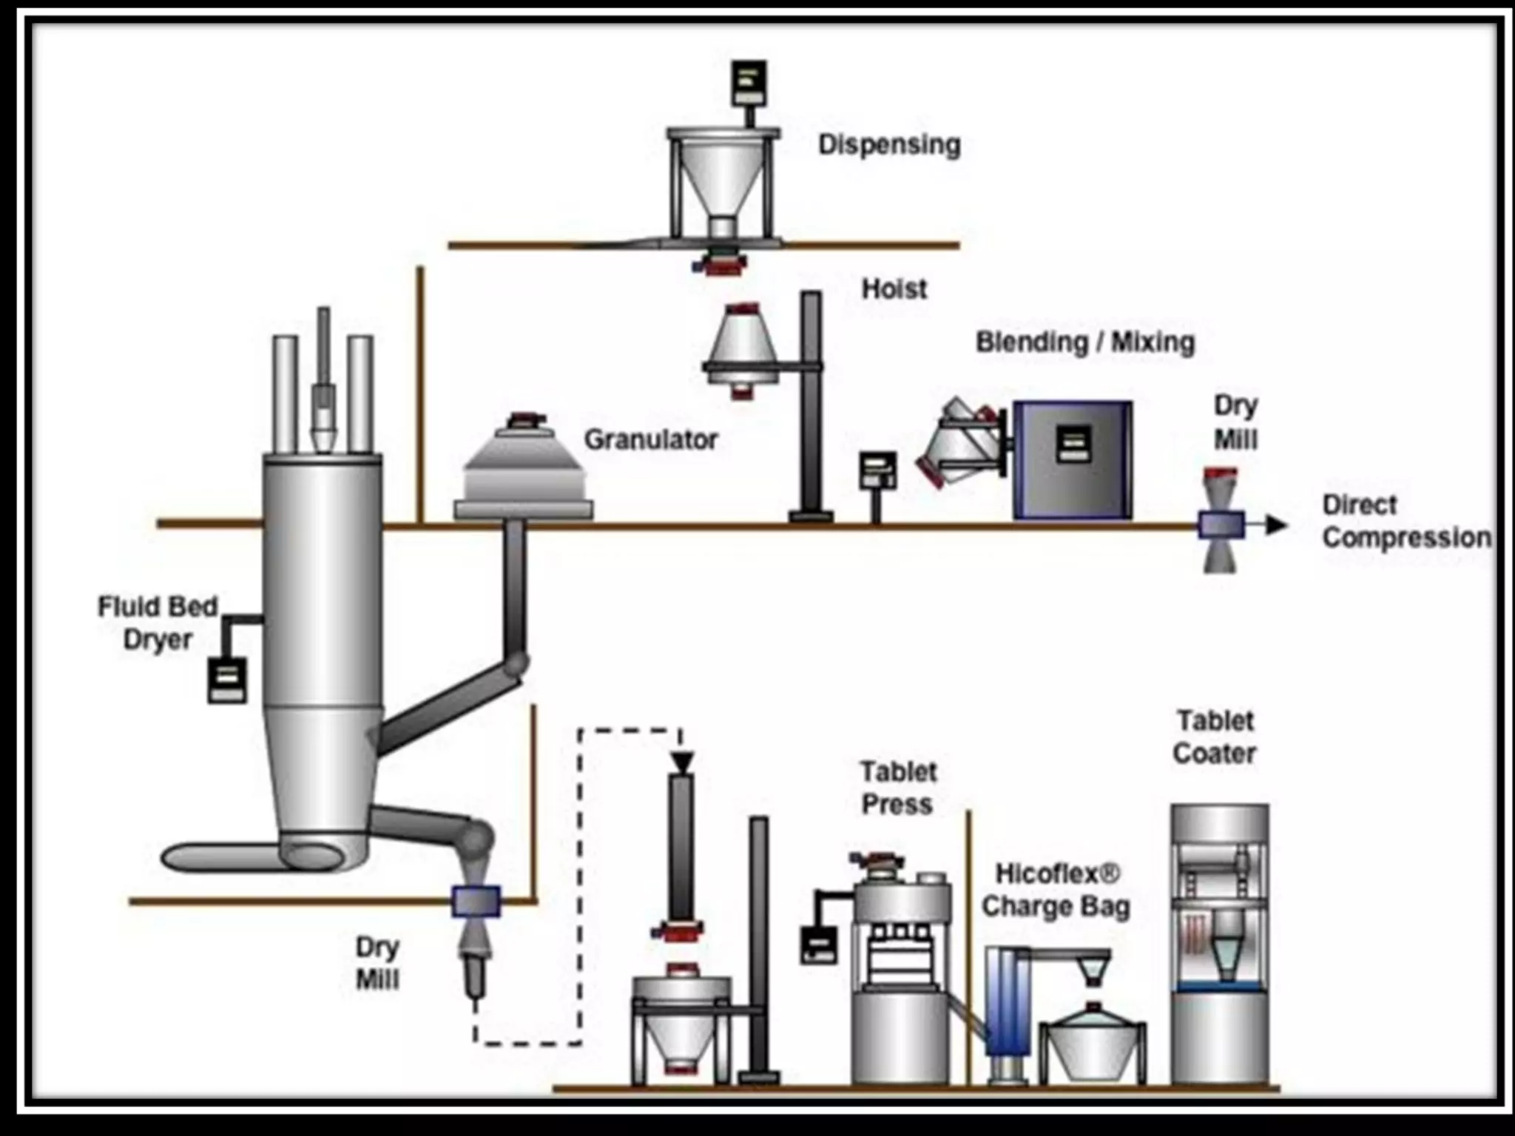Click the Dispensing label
tap(888, 145)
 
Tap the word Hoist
tap(894, 288)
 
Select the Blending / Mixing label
tap(1085, 342)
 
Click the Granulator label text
tap(651, 440)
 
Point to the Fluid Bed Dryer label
tap(158, 623)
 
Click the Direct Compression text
tap(1406, 521)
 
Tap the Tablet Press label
tap(897, 788)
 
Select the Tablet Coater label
tap(1215, 737)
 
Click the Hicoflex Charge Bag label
tap(1056, 890)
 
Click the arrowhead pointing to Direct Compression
tap(1275, 526)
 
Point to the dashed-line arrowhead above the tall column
tap(682, 761)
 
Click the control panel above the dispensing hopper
tap(749, 83)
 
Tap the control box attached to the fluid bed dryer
tap(226, 680)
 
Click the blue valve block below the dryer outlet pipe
tap(476, 902)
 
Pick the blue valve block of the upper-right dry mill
tap(1220, 526)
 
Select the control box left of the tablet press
tap(819, 945)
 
